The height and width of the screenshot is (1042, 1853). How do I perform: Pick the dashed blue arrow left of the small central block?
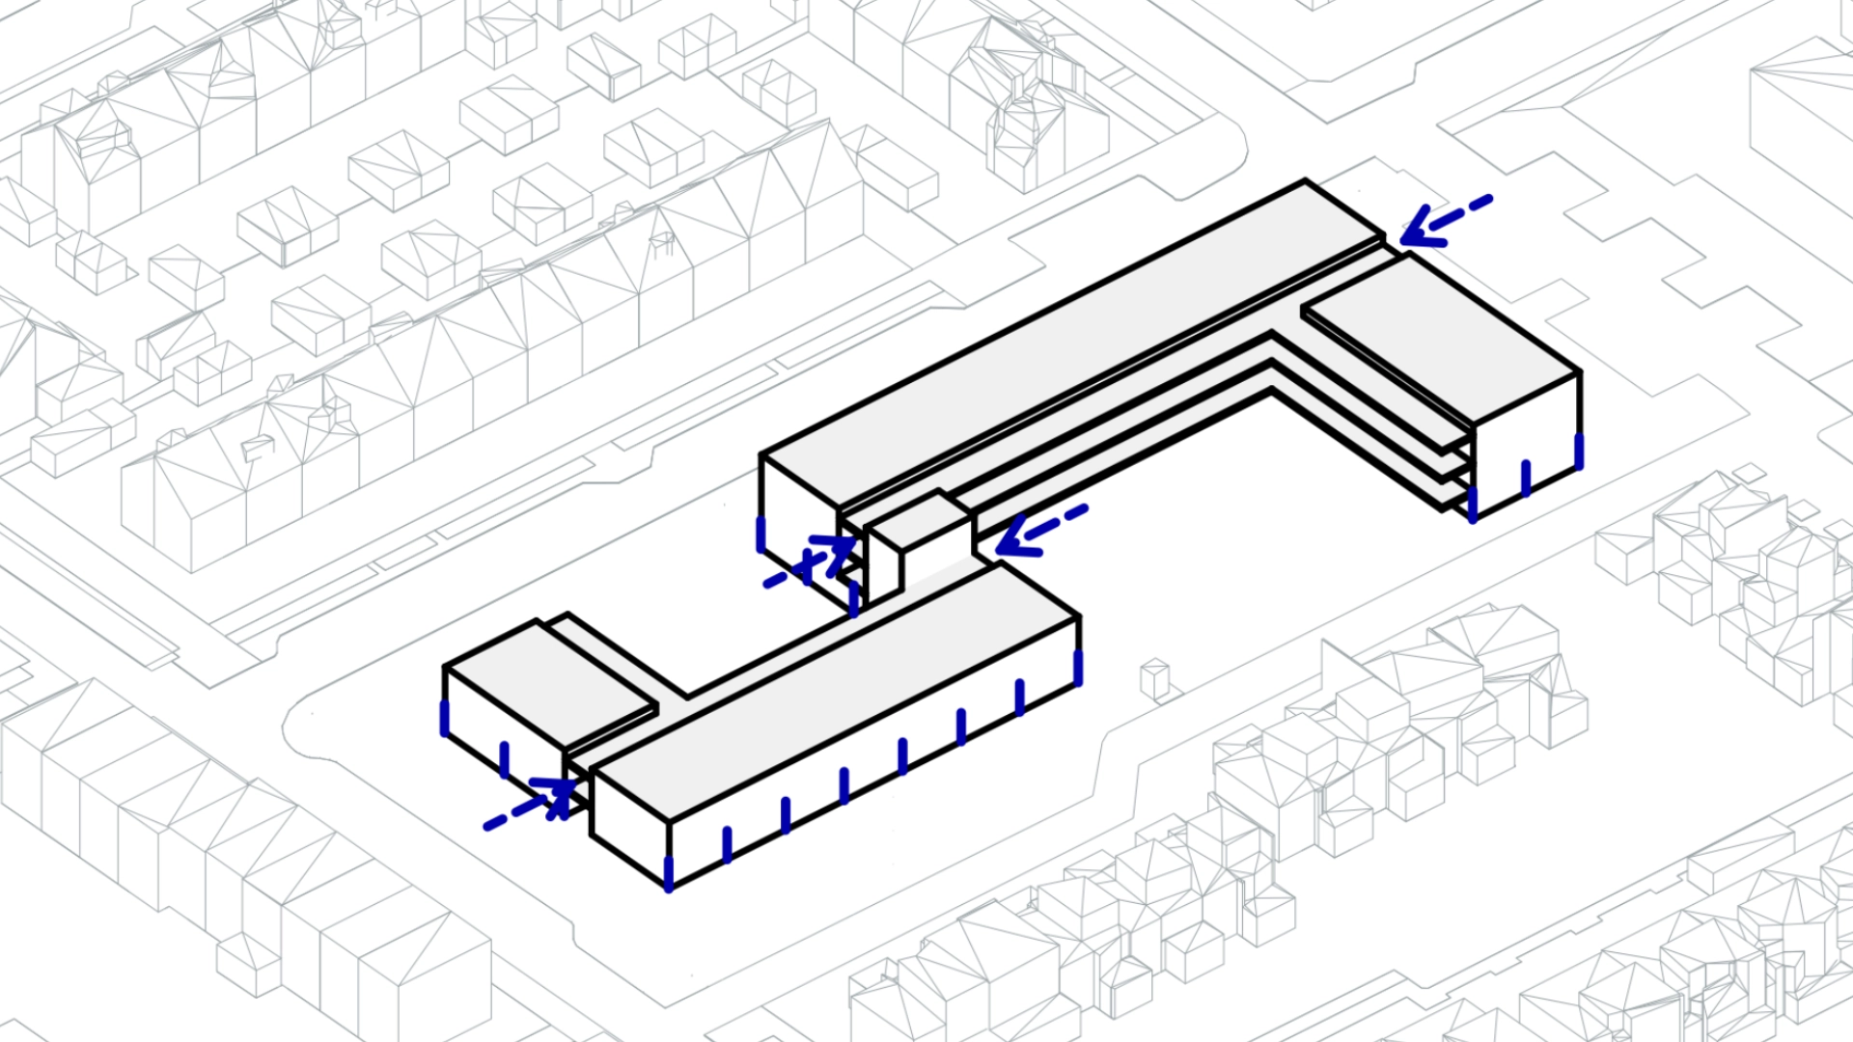pos(809,562)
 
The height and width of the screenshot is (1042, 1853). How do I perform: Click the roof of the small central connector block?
pos(917,522)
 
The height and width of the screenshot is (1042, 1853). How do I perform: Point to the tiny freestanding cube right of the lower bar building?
pos(1154,678)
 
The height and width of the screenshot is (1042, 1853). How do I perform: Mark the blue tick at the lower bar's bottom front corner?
pos(668,873)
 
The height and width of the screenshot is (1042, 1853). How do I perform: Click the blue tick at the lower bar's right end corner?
pos(1078,668)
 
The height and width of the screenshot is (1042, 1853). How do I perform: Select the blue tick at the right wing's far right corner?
pos(1579,452)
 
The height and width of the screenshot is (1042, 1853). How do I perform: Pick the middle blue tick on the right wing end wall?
pos(1526,478)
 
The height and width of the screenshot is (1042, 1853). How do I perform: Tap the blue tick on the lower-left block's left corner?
pos(445,719)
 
